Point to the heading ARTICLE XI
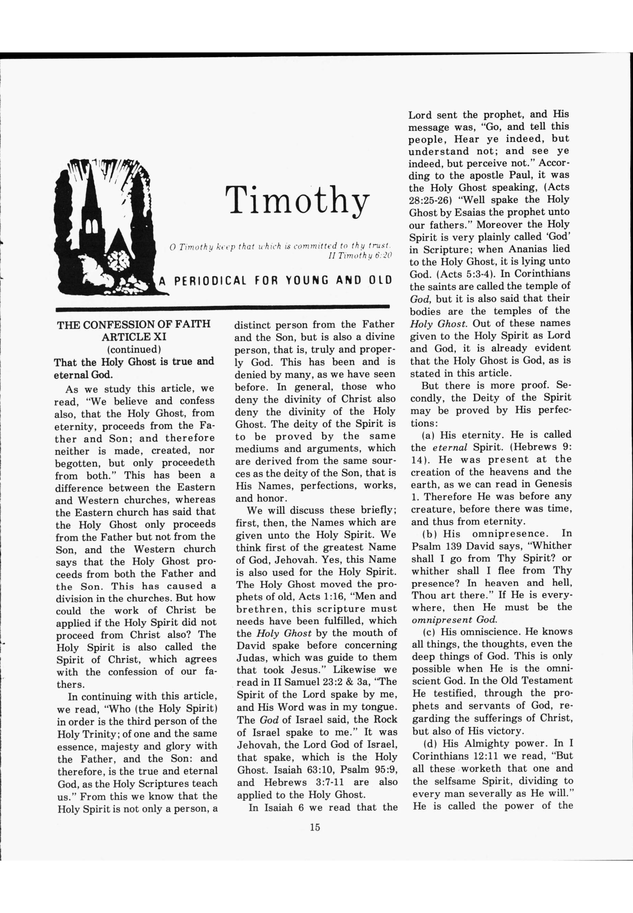pyautogui.click(x=134, y=337)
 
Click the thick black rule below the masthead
pyautogui.click(x=222, y=307)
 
